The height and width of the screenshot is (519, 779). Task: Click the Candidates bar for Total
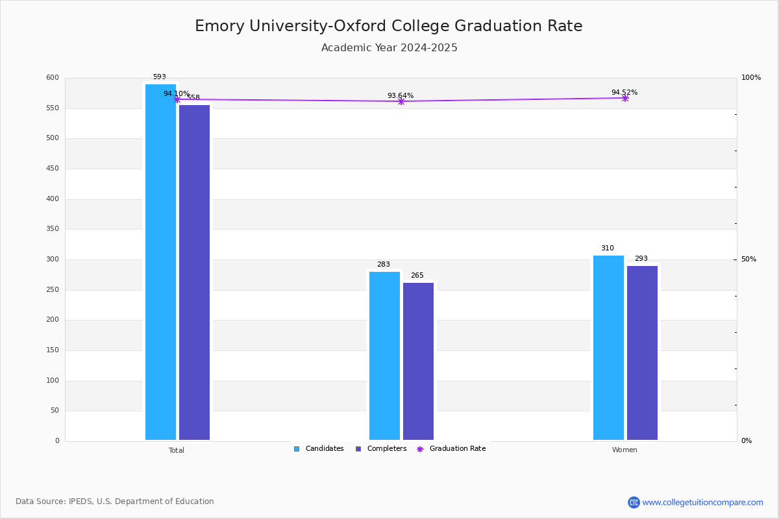[x=160, y=262]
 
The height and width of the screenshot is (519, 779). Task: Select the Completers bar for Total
[x=194, y=272]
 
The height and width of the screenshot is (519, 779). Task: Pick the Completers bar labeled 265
[x=418, y=361]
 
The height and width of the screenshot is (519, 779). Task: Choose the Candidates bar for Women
[x=608, y=348]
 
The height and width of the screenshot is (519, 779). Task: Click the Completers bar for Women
[x=642, y=353]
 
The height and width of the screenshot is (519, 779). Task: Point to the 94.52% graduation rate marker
[x=625, y=98]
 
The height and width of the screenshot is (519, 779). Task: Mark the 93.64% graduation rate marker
[x=401, y=101]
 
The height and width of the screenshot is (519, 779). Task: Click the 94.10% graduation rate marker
[x=177, y=99]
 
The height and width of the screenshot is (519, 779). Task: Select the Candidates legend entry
[x=319, y=449]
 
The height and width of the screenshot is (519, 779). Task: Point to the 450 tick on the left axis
[x=53, y=169]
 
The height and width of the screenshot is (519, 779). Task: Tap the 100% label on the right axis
[x=751, y=78]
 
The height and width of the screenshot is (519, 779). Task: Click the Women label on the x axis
[x=624, y=450]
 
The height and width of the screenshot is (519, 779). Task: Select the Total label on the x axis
[x=177, y=450]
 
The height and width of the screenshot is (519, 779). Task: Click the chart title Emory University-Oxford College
[x=388, y=26]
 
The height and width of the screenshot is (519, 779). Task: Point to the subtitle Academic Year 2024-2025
[x=389, y=48]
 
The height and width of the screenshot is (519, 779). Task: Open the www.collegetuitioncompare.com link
[x=702, y=502]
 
